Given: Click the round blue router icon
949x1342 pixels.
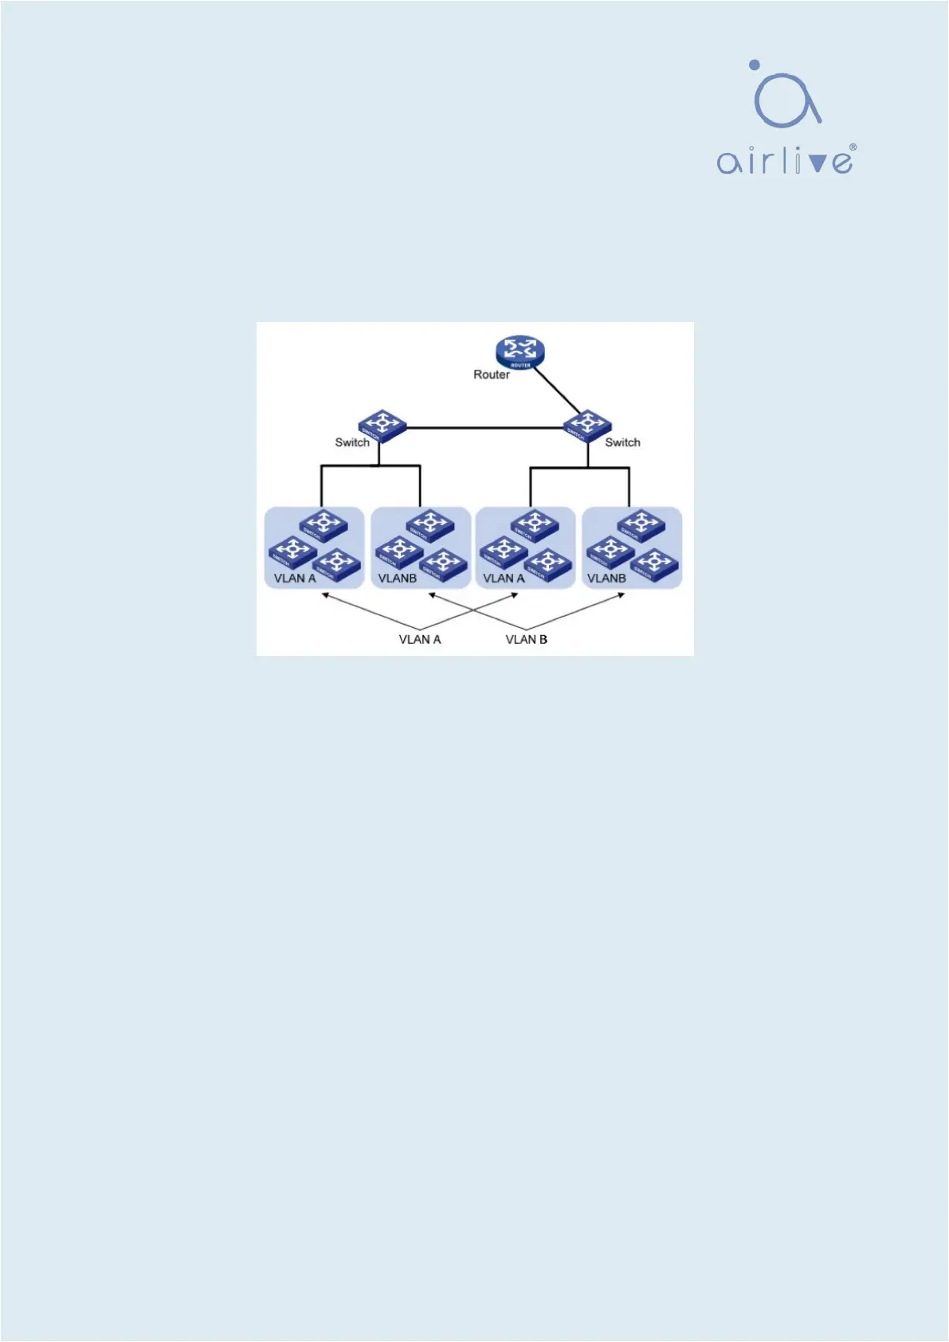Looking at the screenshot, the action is click(520, 351).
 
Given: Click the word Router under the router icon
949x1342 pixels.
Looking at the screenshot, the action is click(491, 375).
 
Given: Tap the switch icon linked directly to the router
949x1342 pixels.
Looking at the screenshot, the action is click(587, 426).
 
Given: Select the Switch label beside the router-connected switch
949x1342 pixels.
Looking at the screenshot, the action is click(622, 442).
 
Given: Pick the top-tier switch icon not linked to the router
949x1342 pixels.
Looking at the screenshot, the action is click(382, 426).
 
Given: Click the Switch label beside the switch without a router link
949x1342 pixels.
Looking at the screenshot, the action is click(351, 442).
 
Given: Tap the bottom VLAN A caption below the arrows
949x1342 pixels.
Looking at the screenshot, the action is click(419, 639).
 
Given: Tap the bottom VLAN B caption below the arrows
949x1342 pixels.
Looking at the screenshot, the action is click(526, 639).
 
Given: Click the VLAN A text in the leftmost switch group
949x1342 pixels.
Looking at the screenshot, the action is click(295, 579).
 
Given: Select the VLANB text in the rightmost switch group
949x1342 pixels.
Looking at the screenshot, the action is click(606, 579).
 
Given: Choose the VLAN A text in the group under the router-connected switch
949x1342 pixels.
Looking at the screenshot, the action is click(504, 579).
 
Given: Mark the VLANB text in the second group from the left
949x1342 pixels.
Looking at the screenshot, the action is click(398, 579).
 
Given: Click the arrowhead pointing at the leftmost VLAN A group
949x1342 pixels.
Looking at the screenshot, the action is click(325, 594).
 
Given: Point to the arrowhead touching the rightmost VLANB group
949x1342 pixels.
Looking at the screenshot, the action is click(622, 594).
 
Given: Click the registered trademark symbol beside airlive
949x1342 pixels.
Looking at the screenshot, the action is click(853, 147).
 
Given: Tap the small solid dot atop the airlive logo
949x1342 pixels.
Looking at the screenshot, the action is click(754, 65).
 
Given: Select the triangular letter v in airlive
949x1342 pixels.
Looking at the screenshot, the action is click(818, 163).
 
